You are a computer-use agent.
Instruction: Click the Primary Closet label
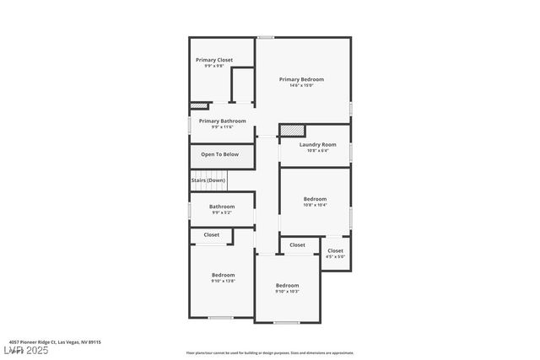click(x=214, y=60)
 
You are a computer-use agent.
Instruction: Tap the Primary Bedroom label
click(x=302, y=79)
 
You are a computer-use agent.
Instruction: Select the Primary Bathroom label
click(x=223, y=121)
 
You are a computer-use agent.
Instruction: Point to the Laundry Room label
click(x=318, y=145)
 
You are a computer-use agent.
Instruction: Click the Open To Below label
click(x=219, y=154)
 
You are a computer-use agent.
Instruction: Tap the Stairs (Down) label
click(x=208, y=180)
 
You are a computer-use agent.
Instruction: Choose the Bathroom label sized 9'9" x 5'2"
click(x=222, y=207)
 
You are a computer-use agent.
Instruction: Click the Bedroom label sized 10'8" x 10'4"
click(x=316, y=199)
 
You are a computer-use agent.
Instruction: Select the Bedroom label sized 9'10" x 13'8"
click(x=224, y=275)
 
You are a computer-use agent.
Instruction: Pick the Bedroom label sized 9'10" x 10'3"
click(x=287, y=286)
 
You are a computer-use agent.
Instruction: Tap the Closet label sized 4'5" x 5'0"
click(x=336, y=250)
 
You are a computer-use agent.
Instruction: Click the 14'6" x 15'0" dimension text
click(x=302, y=85)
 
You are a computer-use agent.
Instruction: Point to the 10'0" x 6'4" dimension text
click(x=318, y=151)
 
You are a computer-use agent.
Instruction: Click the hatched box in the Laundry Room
click(x=292, y=132)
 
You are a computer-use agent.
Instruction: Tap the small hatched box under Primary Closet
click(x=199, y=106)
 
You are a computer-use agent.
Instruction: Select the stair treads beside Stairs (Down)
click(x=240, y=180)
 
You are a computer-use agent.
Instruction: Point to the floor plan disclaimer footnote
click(x=269, y=353)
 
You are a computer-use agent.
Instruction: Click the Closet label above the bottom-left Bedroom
click(x=211, y=235)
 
